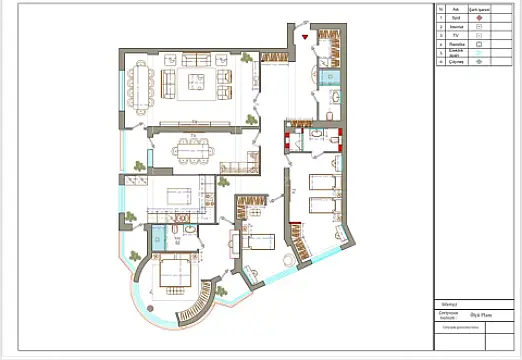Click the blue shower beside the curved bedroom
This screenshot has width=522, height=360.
click(x=160, y=237)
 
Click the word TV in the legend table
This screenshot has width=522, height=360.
click(x=455, y=34)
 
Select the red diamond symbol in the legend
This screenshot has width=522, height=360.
click(x=479, y=17)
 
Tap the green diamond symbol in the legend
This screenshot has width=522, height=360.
click(x=479, y=62)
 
